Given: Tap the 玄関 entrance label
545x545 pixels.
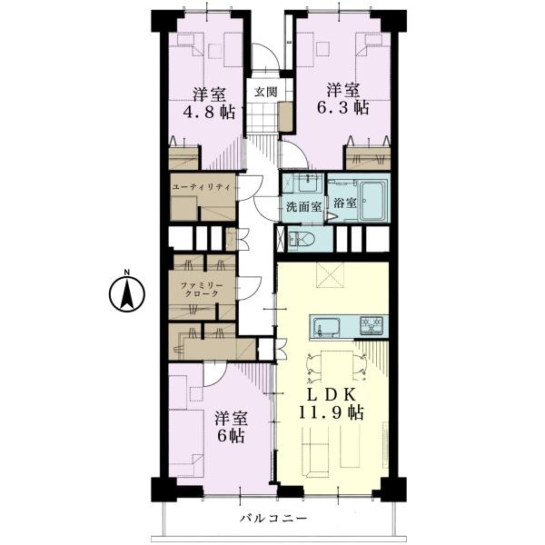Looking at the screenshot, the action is point(266,92).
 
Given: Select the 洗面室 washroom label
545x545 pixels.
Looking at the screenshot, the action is point(303,207).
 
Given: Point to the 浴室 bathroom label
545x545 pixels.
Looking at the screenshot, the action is point(345,203).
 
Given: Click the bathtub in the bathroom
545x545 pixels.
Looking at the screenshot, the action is point(373,201).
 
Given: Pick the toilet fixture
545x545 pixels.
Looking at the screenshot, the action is point(301,239).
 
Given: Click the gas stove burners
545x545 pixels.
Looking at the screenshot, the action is point(372,326).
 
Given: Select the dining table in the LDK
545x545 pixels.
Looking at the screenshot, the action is point(336,366).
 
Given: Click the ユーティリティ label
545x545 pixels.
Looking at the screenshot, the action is point(202,187).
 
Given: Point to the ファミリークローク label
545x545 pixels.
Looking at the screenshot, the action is point(202,290).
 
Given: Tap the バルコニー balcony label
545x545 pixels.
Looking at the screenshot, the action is point(274,519).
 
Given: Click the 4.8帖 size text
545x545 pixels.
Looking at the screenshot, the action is point(209,112).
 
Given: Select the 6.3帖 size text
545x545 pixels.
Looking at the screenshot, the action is point(342,108).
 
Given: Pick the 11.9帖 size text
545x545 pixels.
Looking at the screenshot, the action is point(332,413).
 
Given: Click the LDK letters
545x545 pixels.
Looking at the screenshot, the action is point(332,395).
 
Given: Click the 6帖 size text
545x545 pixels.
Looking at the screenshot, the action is point(231,436).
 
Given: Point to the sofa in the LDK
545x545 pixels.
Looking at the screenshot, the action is point(315,451).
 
